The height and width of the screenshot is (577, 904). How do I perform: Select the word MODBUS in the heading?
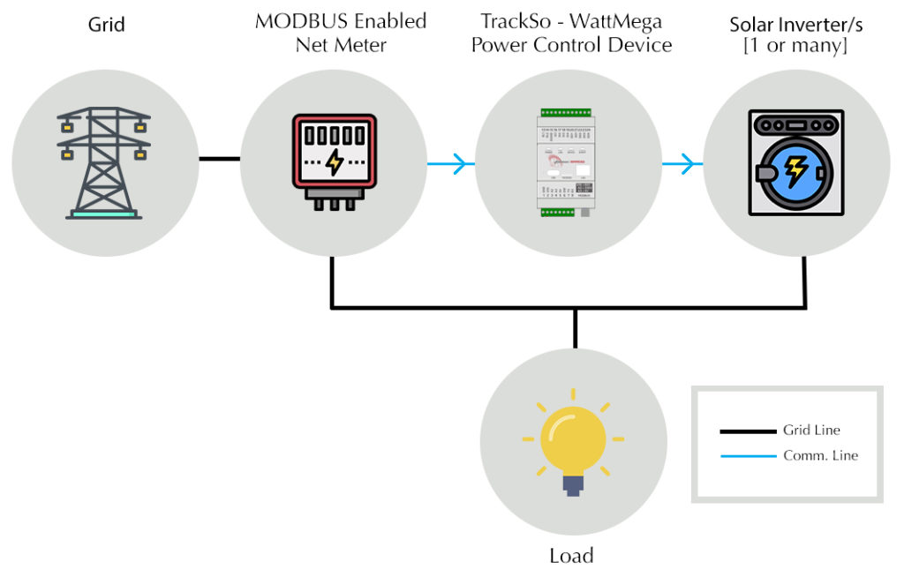(x=296, y=21)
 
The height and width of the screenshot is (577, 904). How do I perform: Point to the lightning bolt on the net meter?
(x=335, y=162)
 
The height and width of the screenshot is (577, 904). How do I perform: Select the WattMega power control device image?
(x=569, y=165)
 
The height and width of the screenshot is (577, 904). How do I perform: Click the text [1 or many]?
(x=796, y=46)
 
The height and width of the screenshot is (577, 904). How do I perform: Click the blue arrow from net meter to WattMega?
(x=449, y=163)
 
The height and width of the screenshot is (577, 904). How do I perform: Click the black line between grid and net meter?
(x=219, y=160)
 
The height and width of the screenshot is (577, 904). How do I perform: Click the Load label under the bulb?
(x=572, y=555)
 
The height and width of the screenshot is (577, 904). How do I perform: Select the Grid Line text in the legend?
(x=811, y=431)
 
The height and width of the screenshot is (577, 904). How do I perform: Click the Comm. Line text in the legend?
(x=820, y=455)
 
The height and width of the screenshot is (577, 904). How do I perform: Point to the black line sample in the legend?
(x=747, y=431)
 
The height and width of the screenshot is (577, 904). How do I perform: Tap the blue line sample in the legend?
(x=747, y=456)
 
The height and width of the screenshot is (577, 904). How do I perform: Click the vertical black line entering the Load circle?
(x=575, y=328)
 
